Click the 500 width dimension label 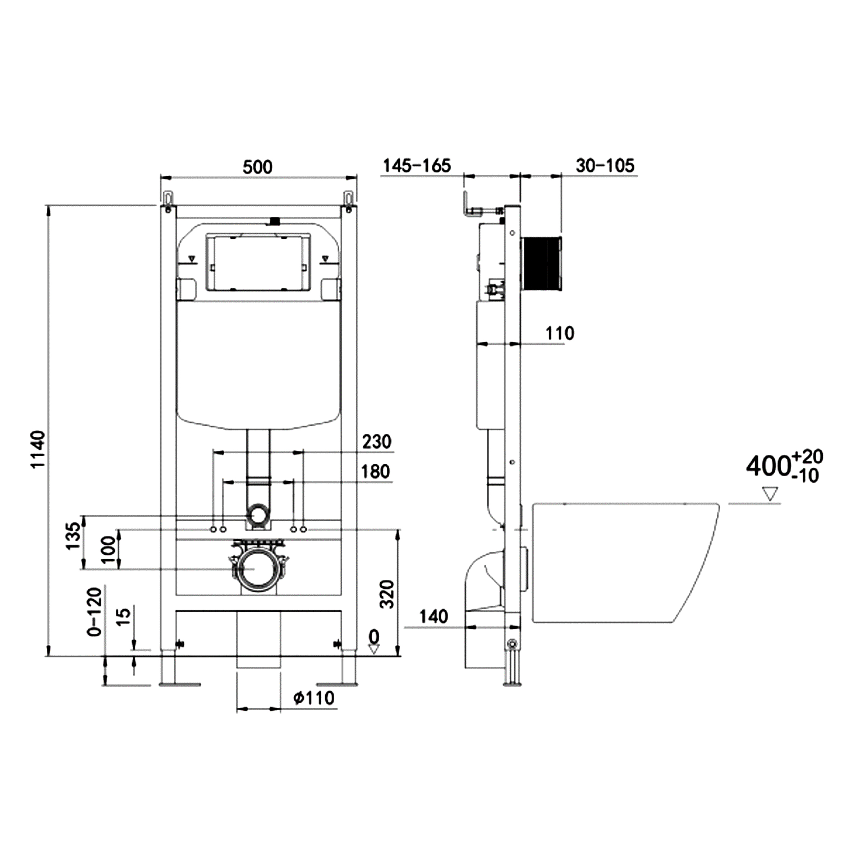258,167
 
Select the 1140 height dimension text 39,449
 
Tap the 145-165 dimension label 417,166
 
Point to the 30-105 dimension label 605,166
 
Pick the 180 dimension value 376,472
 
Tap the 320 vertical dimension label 387,594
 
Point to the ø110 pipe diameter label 314,697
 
